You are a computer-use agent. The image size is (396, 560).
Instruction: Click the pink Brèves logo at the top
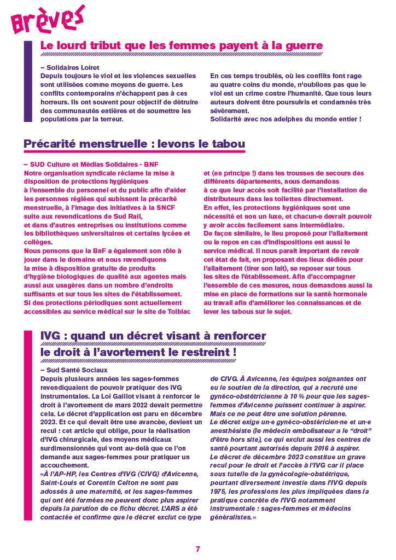tap(48, 19)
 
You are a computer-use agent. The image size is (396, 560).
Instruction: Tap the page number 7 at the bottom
tap(198, 549)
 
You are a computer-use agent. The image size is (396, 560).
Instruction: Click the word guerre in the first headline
tap(299, 46)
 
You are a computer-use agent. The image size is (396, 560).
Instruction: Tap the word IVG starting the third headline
tap(53, 336)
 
